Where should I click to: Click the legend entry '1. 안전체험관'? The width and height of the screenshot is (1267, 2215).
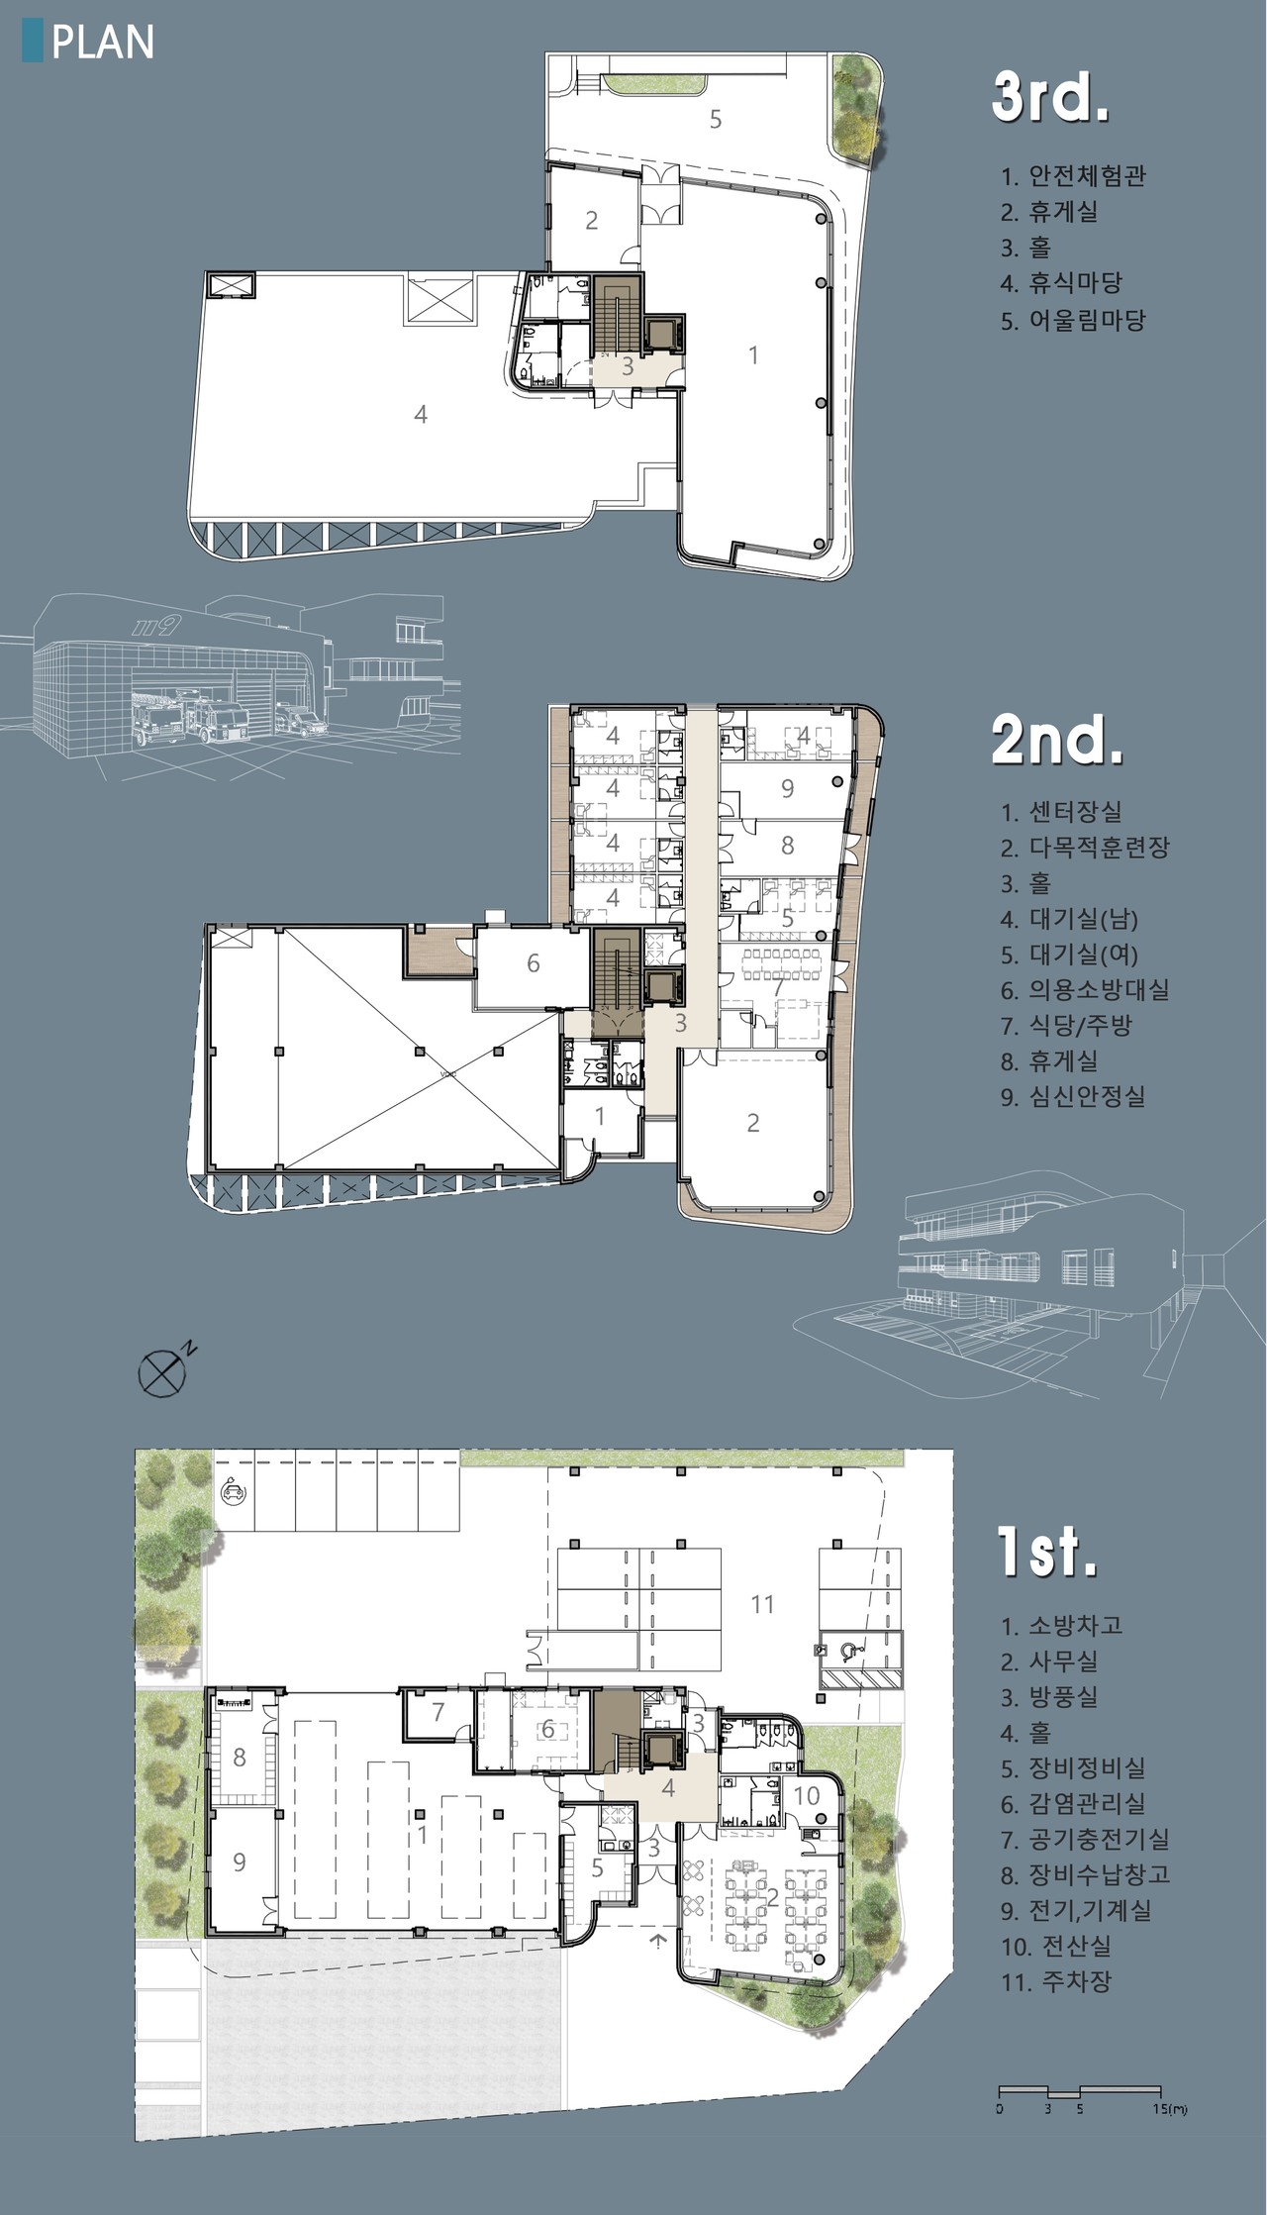tap(1074, 176)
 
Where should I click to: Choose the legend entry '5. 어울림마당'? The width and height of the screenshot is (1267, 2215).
tap(1073, 320)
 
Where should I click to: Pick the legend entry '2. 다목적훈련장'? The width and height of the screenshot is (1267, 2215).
tap(1085, 848)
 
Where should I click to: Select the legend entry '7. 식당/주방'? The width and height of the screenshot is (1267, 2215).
tap(1066, 1025)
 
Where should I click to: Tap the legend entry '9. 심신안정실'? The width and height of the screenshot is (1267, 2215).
tap(1073, 1096)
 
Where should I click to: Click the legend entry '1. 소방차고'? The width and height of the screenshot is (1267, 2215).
tap(1061, 1626)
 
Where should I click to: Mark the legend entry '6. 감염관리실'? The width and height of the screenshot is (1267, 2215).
tap(1073, 1803)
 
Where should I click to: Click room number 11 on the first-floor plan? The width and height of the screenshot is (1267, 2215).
tap(761, 1604)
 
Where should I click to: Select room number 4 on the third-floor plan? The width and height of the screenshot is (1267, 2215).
tap(421, 414)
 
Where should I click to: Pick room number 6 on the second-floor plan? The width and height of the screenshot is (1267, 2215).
tap(533, 962)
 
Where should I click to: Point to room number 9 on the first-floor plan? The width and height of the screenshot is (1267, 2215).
tap(240, 1862)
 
